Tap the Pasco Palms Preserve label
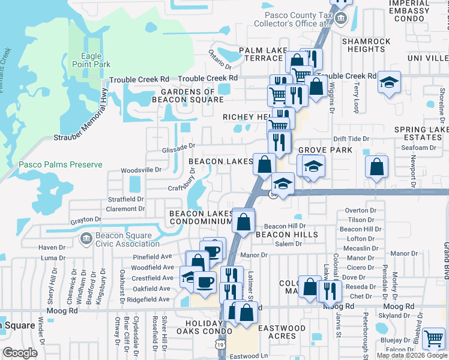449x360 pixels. point(60,164)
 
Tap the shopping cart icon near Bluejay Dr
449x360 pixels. point(433,339)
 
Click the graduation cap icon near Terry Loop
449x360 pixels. point(389,83)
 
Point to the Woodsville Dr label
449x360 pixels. point(142,170)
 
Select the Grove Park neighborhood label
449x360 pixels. point(325,149)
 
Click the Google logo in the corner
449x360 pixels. point(20,353)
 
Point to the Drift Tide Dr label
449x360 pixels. point(351,139)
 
